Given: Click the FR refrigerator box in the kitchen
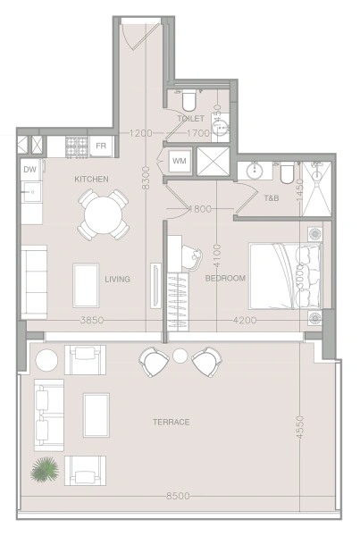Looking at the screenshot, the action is pyautogui.click(x=101, y=147).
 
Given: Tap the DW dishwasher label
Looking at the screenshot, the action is pyautogui.click(x=30, y=169).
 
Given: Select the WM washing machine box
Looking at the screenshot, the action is pyautogui.click(x=180, y=161).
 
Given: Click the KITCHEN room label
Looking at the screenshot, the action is pyautogui.click(x=92, y=180).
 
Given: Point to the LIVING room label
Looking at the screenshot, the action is pyautogui.click(x=117, y=280).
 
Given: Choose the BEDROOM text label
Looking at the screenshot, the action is pyautogui.click(x=225, y=278).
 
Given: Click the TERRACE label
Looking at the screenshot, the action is pyautogui.click(x=172, y=423).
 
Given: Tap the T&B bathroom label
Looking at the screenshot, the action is pyautogui.click(x=272, y=198).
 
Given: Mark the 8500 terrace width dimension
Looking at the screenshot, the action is pyautogui.click(x=178, y=496).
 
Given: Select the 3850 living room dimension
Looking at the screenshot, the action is pyautogui.click(x=92, y=321).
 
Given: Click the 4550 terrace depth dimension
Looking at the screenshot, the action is pyautogui.click(x=299, y=427).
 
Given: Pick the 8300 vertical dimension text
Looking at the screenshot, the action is pyautogui.click(x=146, y=178).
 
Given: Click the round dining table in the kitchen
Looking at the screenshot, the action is pyautogui.click(x=104, y=214).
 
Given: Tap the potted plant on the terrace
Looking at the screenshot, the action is pyautogui.click(x=45, y=470).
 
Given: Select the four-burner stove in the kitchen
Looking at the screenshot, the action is pyautogui.click(x=77, y=147).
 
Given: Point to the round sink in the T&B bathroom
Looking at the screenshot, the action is pyautogui.click(x=255, y=170).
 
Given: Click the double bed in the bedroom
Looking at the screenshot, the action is pyautogui.click(x=286, y=276).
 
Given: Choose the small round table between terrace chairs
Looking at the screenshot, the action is pyautogui.click(x=180, y=356).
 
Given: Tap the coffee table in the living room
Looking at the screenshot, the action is pyautogui.click(x=86, y=286).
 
